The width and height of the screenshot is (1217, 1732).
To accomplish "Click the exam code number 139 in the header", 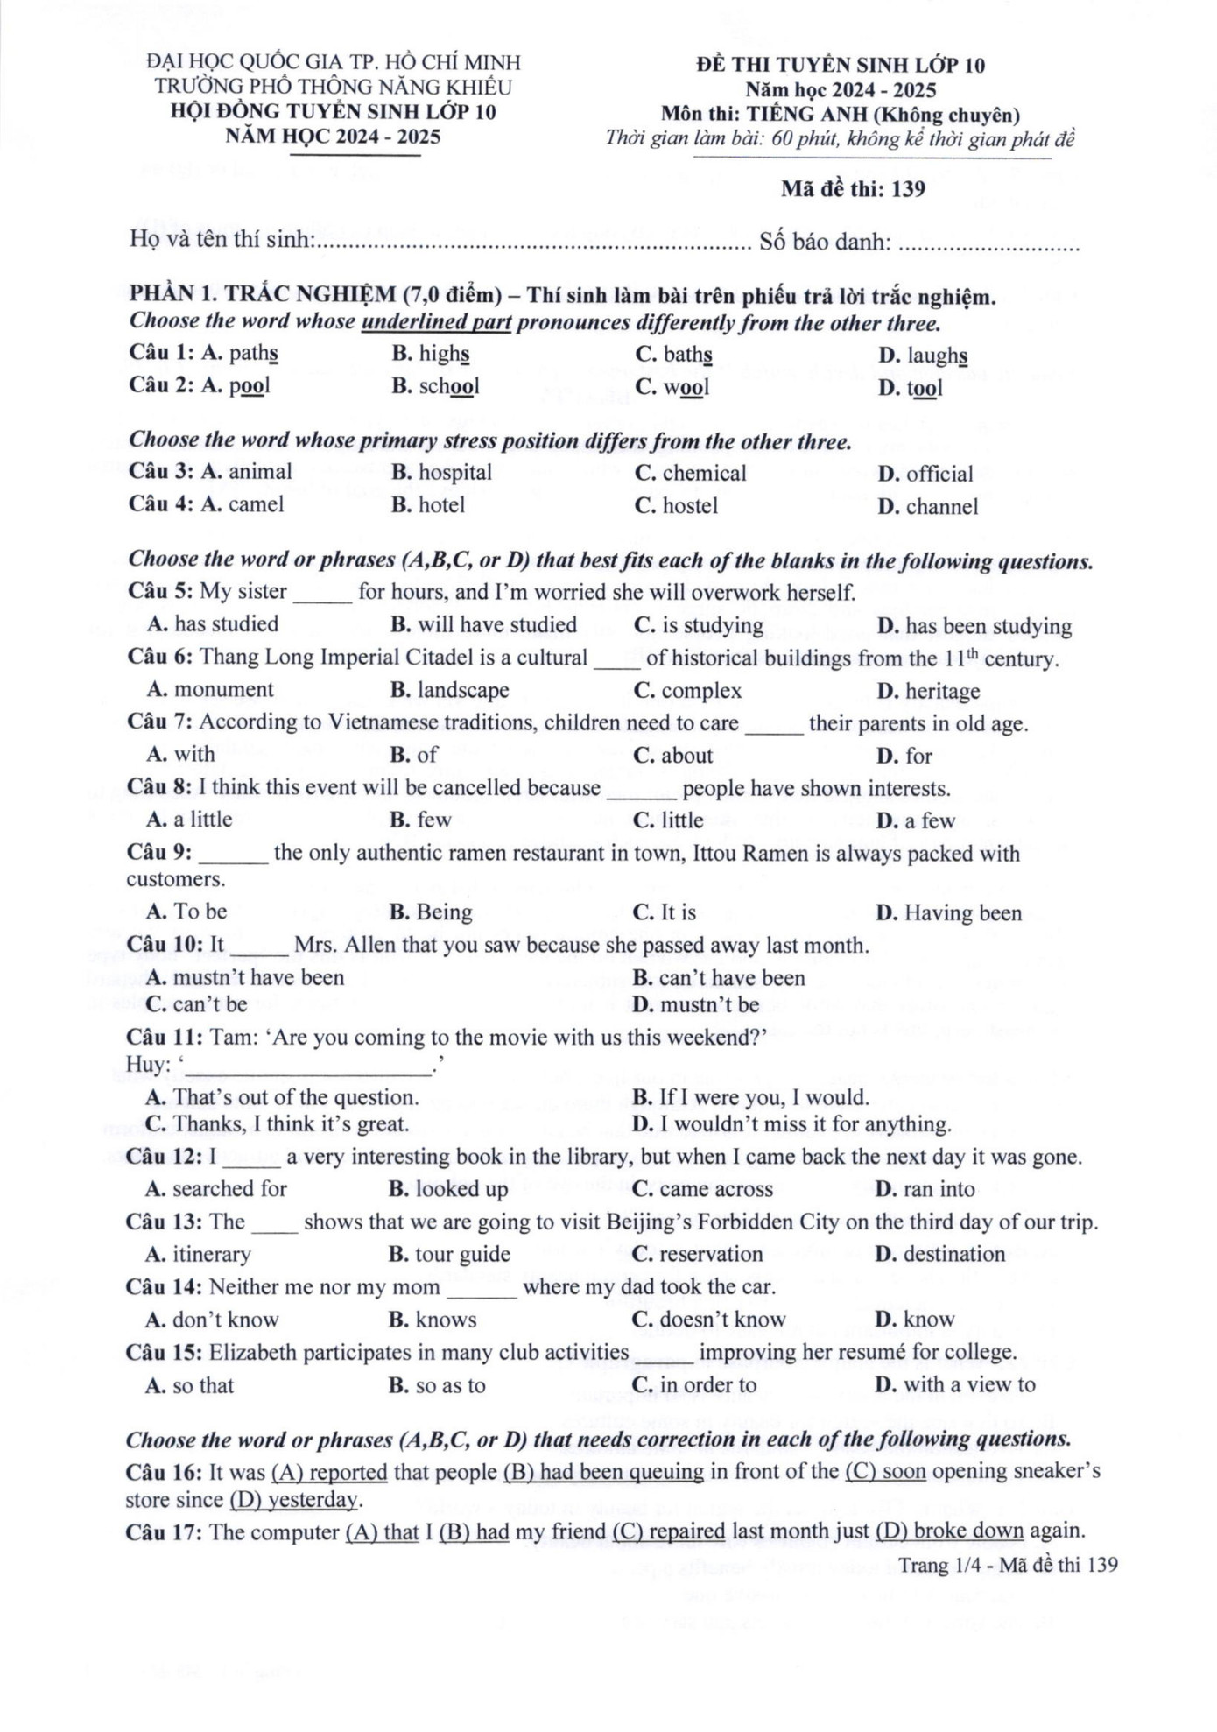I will (x=908, y=189).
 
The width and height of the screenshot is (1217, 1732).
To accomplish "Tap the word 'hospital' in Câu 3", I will (x=454, y=473).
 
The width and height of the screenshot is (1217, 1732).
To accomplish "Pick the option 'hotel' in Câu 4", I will (x=441, y=505).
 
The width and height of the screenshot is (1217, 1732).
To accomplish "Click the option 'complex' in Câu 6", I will (x=700, y=691).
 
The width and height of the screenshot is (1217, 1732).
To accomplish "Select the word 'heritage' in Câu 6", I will (x=942, y=692).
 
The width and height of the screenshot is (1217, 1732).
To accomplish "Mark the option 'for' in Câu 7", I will (x=918, y=756).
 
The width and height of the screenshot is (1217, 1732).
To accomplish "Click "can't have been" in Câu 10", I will (x=731, y=978).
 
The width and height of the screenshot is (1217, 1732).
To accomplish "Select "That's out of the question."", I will (x=296, y=1097).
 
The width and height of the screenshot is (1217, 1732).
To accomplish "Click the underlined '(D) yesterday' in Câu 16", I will (x=294, y=1500).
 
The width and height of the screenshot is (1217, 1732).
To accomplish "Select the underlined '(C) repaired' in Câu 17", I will (x=669, y=1531).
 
